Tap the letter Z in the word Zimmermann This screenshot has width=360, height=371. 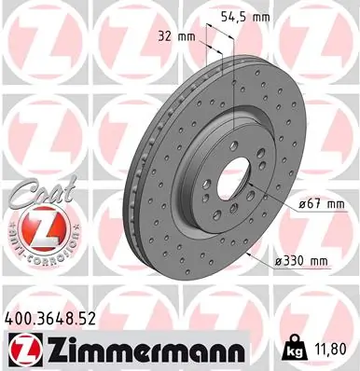[x=51, y=350]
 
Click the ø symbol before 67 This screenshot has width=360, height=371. [x=281, y=203]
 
